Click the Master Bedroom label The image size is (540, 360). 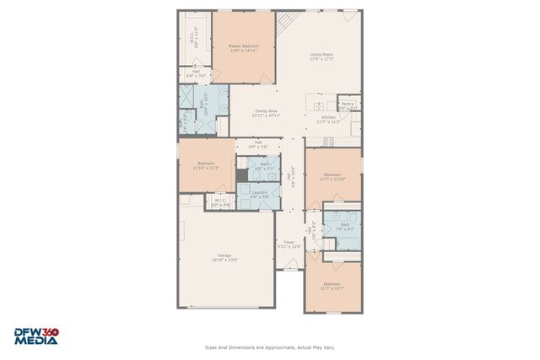(244, 47)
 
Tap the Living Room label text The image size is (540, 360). (321, 56)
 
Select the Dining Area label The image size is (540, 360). (267, 112)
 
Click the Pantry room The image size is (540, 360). (348, 105)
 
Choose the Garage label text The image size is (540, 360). (224, 257)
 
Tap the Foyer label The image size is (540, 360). (289, 244)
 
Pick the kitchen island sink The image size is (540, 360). (318, 106)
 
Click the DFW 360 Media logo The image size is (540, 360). (35, 336)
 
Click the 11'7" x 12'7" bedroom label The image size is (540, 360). (332, 286)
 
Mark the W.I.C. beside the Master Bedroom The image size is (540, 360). (194, 40)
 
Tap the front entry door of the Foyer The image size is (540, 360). (289, 265)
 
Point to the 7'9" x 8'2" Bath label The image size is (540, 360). (344, 226)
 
